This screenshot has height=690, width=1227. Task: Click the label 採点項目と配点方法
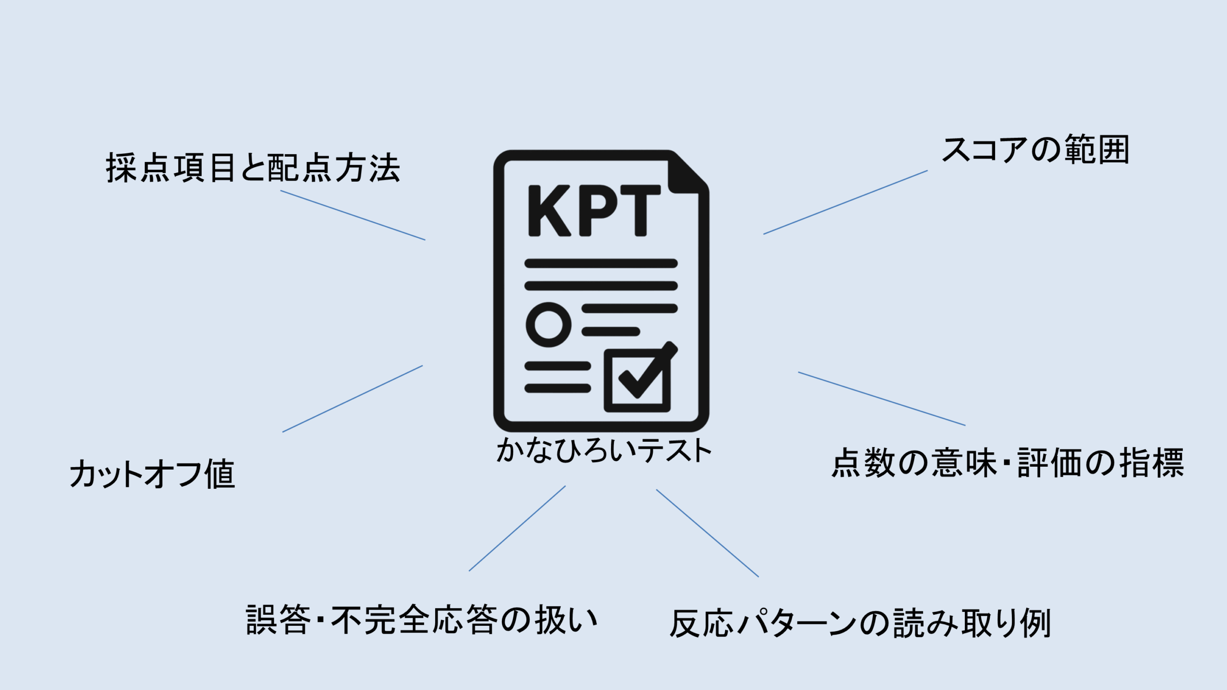click(253, 168)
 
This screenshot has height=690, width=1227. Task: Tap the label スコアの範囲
click(1035, 150)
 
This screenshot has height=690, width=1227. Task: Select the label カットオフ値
click(152, 474)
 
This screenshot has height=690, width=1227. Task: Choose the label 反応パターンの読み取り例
click(860, 623)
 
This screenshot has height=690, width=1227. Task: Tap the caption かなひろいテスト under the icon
click(604, 451)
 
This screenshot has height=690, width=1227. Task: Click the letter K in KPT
click(549, 211)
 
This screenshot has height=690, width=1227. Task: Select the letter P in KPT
click(598, 211)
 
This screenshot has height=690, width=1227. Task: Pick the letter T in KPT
click(640, 211)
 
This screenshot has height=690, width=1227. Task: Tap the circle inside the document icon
click(548, 324)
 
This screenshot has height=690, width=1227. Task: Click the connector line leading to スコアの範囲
click(845, 202)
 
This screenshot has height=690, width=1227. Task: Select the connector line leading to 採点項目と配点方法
click(353, 215)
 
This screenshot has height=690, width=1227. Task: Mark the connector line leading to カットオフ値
click(353, 399)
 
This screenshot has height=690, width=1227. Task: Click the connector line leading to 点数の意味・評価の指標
click(882, 399)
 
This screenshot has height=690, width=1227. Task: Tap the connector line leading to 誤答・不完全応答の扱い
click(517, 529)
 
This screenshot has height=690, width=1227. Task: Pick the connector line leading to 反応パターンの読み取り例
click(707, 533)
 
